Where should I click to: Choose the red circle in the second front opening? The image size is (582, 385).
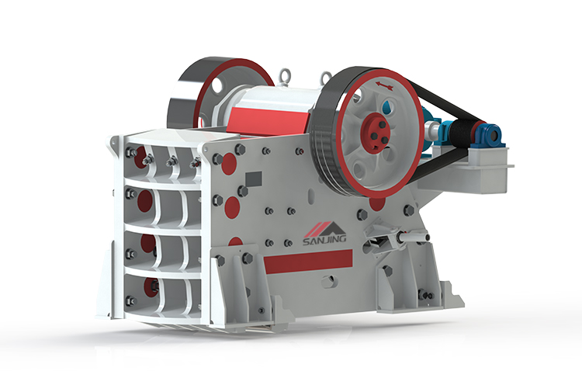pyautogui.click(x=144, y=200)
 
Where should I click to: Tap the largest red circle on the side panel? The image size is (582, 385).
pyautogui.click(x=230, y=165)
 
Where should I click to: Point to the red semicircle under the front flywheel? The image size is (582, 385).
pyautogui.click(x=377, y=203)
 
